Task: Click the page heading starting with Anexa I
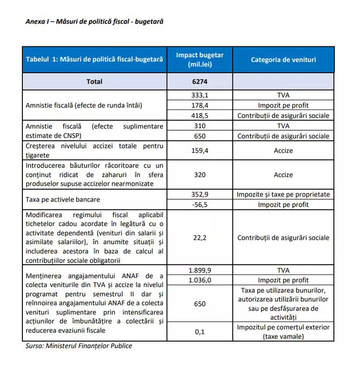click(x=94, y=21)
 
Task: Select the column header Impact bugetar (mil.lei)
click(x=199, y=60)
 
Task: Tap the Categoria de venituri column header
click(x=283, y=60)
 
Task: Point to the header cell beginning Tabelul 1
click(x=94, y=60)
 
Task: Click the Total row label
click(x=94, y=81)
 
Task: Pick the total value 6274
click(x=199, y=81)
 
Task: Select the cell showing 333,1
click(x=199, y=95)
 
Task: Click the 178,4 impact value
click(x=199, y=105)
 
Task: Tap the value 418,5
click(x=199, y=115)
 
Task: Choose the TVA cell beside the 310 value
click(x=283, y=126)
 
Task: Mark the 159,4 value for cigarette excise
click(x=199, y=150)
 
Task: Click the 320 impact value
click(x=199, y=175)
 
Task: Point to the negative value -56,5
click(x=199, y=204)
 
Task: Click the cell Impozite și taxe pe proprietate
click(x=283, y=194)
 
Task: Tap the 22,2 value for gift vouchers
click(x=199, y=238)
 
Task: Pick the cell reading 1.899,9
click(x=199, y=270)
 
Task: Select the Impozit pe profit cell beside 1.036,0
click(x=283, y=280)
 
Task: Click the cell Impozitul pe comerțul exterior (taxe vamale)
click(x=283, y=332)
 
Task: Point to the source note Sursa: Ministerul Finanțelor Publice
click(x=79, y=346)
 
